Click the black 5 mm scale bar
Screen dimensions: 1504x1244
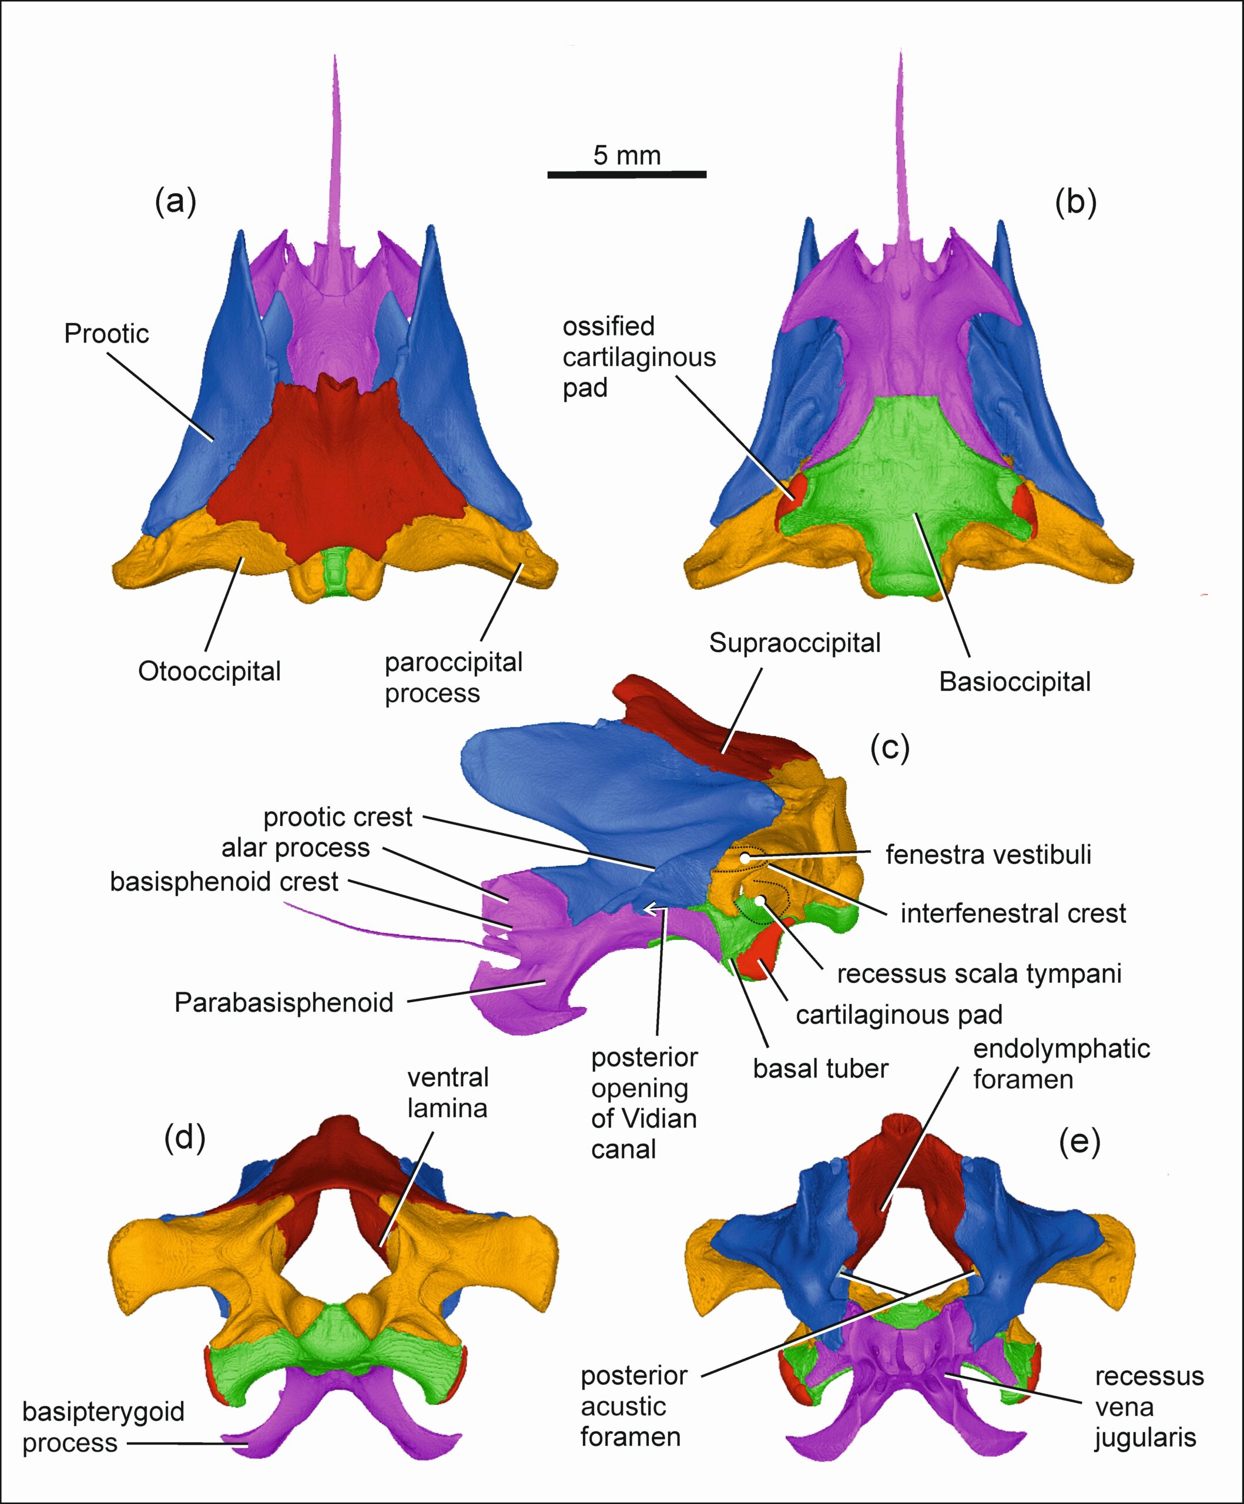tap(626, 174)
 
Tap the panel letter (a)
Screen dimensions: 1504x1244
tap(176, 203)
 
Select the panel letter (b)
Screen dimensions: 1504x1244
tap(1076, 203)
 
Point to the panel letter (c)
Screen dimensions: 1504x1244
tap(890, 748)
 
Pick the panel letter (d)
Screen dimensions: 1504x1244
tap(184, 1137)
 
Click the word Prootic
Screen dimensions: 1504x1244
tap(107, 334)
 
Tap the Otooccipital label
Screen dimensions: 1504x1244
tap(209, 672)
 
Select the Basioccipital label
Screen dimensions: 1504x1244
tap(1015, 682)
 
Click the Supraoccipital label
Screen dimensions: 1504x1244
tap(795, 643)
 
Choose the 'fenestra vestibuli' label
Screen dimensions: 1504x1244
tap(988, 854)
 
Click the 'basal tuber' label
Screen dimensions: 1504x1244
tap(821, 1069)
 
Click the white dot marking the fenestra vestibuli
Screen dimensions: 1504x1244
tap(745, 857)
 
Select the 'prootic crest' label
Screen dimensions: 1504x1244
tap(338, 817)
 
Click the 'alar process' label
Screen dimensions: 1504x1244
tap(296, 848)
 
